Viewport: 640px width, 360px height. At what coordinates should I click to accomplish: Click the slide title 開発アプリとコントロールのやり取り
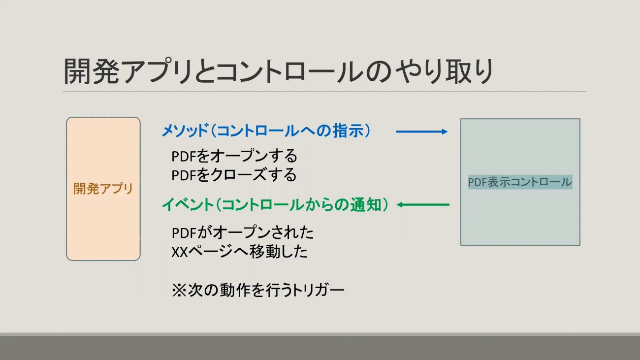(279, 72)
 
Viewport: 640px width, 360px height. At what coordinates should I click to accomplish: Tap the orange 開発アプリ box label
(103, 189)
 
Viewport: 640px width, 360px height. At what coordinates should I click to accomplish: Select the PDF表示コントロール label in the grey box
(520, 182)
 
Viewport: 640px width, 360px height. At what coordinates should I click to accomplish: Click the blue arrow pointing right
(422, 131)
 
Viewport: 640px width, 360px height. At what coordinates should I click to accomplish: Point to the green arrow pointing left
(423, 204)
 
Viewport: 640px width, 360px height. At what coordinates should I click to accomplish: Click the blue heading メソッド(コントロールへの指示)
(266, 131)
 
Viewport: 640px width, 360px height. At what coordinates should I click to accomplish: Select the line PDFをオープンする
(234, 156)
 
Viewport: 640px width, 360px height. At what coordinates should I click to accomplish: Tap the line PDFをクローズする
(234, 174)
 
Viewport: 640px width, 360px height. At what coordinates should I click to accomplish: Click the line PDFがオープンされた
(242, 232)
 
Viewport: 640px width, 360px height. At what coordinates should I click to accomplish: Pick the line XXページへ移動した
(239, 251)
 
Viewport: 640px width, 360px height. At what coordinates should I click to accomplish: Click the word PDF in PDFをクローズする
(184, 175)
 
